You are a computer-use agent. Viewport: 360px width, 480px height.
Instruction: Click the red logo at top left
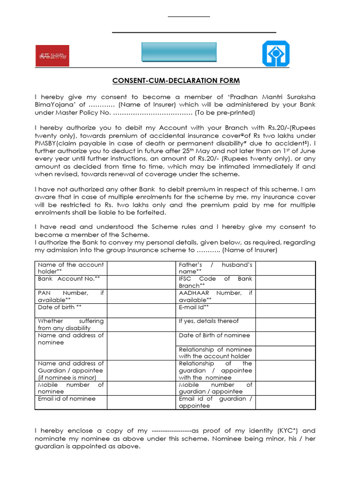pyautogui.click(x=52, y=55)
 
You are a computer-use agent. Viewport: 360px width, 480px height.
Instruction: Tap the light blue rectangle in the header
pyautogui.click(x=179, y=52)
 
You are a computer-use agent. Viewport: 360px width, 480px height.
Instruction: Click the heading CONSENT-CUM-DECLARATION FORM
pyautogui.click(x=176, y=81)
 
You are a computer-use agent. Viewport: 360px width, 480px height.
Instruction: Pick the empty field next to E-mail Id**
pyautogui.click(x=285, y=310)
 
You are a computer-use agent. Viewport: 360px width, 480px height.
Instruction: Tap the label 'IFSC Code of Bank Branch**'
pyautogui.click(x=215, y=282)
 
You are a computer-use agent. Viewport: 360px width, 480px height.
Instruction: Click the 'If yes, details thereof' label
pyautogui.click(x=209, y=321)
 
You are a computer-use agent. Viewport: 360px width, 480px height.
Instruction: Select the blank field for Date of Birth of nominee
pyautogui.click(x=285, y=338)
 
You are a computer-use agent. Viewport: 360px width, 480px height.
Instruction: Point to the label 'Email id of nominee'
pyautogui.click(x=67, y=399)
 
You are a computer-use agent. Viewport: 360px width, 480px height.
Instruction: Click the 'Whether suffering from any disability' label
pyautogui.click(x=71, y=324)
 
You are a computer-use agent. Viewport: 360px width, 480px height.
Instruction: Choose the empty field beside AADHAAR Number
pyautogui.click(x=285, y=296)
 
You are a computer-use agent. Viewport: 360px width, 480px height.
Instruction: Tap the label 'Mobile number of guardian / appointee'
pyautogui.click(x=215, y=388)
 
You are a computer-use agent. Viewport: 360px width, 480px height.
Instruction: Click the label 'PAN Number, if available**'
pyautogui.click(x=71, y=296)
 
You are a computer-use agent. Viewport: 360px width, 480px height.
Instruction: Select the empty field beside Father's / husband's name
pyautogui.click(x=285, y=268)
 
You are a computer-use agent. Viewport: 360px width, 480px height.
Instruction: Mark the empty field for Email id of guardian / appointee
pyautogui.click(x=285, y=402)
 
